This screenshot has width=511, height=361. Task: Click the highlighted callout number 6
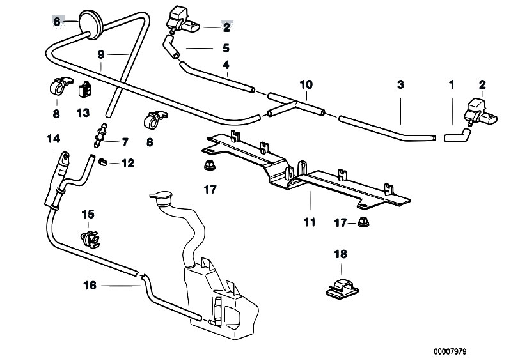pyautogui.click(x=56, y=22)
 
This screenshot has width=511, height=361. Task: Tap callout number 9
pyautogui.click(x=101, y=55)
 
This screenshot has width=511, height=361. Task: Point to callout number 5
pyautogui.click(x=226, y=48)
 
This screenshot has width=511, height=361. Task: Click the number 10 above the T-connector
pyautogui.click(x=306, y=84)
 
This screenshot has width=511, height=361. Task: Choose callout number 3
pyautogui.click(x=400, y=84)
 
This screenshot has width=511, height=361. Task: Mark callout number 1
pyautogui.click(x=452, y=84)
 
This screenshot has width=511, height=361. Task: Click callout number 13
pyautogui.click(x=83, y=113)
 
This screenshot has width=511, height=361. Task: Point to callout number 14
pyautogui.click(x=52, y=139)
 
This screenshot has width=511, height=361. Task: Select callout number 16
pyautogui.click(x=90, y=286)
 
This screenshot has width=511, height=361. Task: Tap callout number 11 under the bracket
pyautogui.click(x=310, y=223)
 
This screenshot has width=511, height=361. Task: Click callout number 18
pyautogui.click(x=341, y=254)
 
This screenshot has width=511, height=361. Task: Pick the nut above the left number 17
pyautogui.click(x=208, y=167)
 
